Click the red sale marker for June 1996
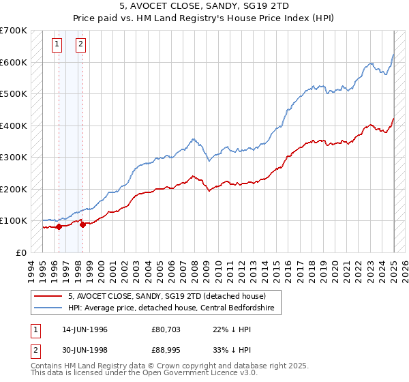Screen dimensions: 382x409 (x=59, y=227)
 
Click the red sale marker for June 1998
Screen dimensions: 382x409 (x=82, y=224)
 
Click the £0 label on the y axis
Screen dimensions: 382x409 (x=21, y=252)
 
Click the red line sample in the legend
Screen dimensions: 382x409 (x=47, y=296)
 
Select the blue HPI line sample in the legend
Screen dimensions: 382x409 (x=47, y=308)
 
